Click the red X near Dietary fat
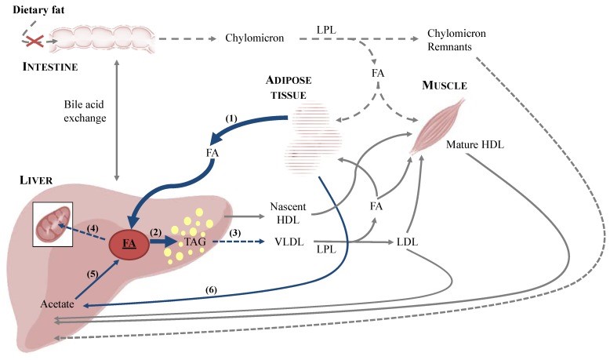point(34,41)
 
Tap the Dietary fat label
point(38,9)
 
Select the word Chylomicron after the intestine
point(254,38)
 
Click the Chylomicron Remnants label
point(456,40)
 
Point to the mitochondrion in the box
point(53,224)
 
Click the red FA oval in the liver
point(129,244)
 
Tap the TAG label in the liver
point(195,242)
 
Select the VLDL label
point(289,242)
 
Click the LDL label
point(407,242)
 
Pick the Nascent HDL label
point(288,213)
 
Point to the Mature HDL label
point(474,145)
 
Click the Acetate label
point(57,304)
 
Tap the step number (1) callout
point(231,118)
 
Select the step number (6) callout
point(211,290)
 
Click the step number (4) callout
point(93,228)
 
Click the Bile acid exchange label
point(85,111)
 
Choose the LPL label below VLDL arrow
point(326,249)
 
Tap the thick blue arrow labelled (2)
point(163,242)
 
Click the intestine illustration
point(103,39)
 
